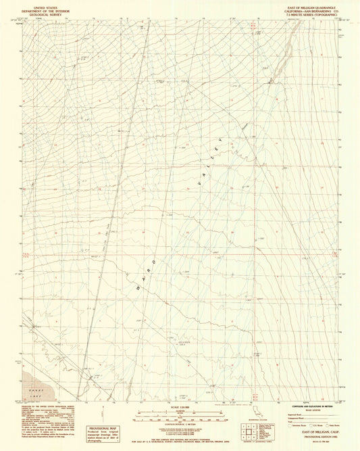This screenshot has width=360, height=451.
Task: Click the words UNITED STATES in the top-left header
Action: (x=39, y=5)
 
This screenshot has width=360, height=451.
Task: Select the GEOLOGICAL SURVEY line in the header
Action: (x=39, y=13)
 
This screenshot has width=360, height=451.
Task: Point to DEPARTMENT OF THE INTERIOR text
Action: (x=39, y=9)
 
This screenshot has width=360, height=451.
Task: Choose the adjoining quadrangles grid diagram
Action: (x=249, y=430)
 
